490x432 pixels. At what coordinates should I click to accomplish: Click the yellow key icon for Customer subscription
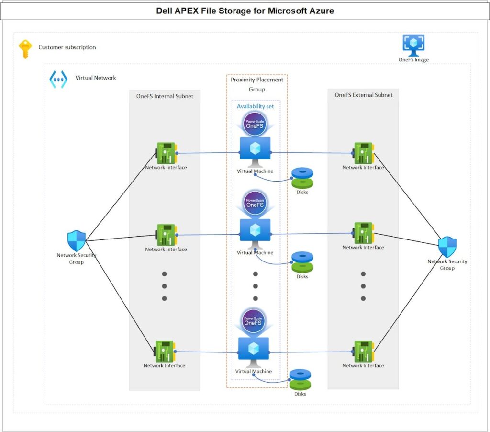(25, 49)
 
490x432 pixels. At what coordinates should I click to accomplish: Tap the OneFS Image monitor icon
(413, 45)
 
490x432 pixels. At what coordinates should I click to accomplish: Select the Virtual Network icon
(58, 79)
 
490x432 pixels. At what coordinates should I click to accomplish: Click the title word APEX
(186, 11)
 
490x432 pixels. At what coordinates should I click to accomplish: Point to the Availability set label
(256, 106)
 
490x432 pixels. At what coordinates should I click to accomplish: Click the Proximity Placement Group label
(257, 84)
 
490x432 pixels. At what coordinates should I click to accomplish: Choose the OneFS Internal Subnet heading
(165, 96)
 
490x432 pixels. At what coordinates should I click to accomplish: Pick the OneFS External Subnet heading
(364, 95)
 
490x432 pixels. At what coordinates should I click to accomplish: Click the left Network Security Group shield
(77, 241)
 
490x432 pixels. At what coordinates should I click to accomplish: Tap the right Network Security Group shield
(447, 247)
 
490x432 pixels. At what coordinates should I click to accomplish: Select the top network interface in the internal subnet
(166, 153)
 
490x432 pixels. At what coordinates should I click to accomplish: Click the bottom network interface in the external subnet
(363, 351)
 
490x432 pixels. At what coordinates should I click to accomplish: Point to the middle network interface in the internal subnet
(166, 235)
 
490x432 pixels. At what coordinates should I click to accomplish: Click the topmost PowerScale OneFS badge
(255, 124)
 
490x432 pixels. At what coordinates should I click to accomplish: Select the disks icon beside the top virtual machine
(302, 178)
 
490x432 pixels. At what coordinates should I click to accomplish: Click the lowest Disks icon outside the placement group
(300, 379)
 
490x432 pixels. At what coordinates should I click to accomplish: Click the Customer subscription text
(67, 47)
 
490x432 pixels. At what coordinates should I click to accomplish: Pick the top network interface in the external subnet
(363, 153)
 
